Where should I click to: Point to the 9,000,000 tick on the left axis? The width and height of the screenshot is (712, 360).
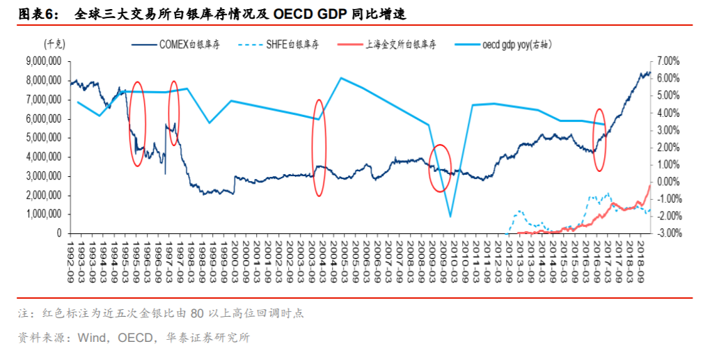(x=42, y=61)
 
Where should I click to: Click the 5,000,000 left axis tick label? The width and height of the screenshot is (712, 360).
(x=42, y=138)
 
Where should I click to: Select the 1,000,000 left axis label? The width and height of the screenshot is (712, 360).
(x=42, y=214)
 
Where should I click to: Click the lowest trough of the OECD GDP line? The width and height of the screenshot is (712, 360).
(x=450, y=217)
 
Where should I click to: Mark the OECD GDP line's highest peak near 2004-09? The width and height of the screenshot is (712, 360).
(x=340, y=77)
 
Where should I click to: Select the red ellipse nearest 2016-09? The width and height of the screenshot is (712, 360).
(x=599, y=139)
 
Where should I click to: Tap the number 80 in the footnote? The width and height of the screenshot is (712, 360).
(x=197, y=313)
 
